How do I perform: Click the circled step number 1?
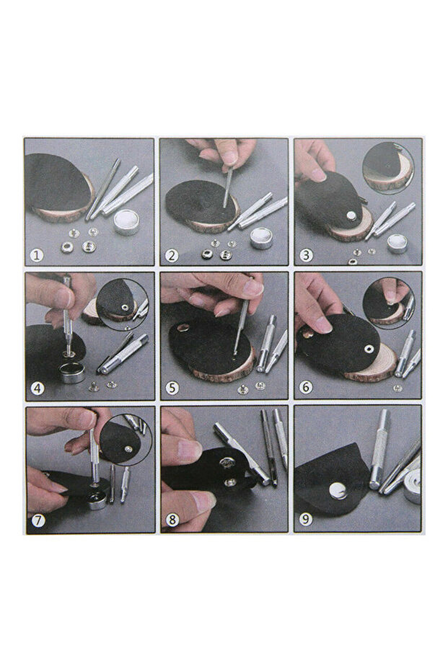tap(37, 256)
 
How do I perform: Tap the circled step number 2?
tap(172, 256)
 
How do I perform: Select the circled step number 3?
tap(306, 255)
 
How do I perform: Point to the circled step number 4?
tap(38, 388)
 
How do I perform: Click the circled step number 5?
tap(172, 388)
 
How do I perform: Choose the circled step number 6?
tap(306, 387)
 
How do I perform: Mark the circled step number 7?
tap(38, 521)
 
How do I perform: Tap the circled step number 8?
tap(172, 520)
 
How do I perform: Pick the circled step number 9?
tap(306, 520)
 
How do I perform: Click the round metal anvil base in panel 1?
tap(127, 222)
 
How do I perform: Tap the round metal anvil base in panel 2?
tap(262, 238)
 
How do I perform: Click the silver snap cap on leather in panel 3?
tap(351, 215)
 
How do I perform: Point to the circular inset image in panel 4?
tap(123, 304)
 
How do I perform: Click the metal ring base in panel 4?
tap(72, 372)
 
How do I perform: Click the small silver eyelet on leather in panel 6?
tap(368, 350)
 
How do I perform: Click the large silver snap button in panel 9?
tap(338, 489)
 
